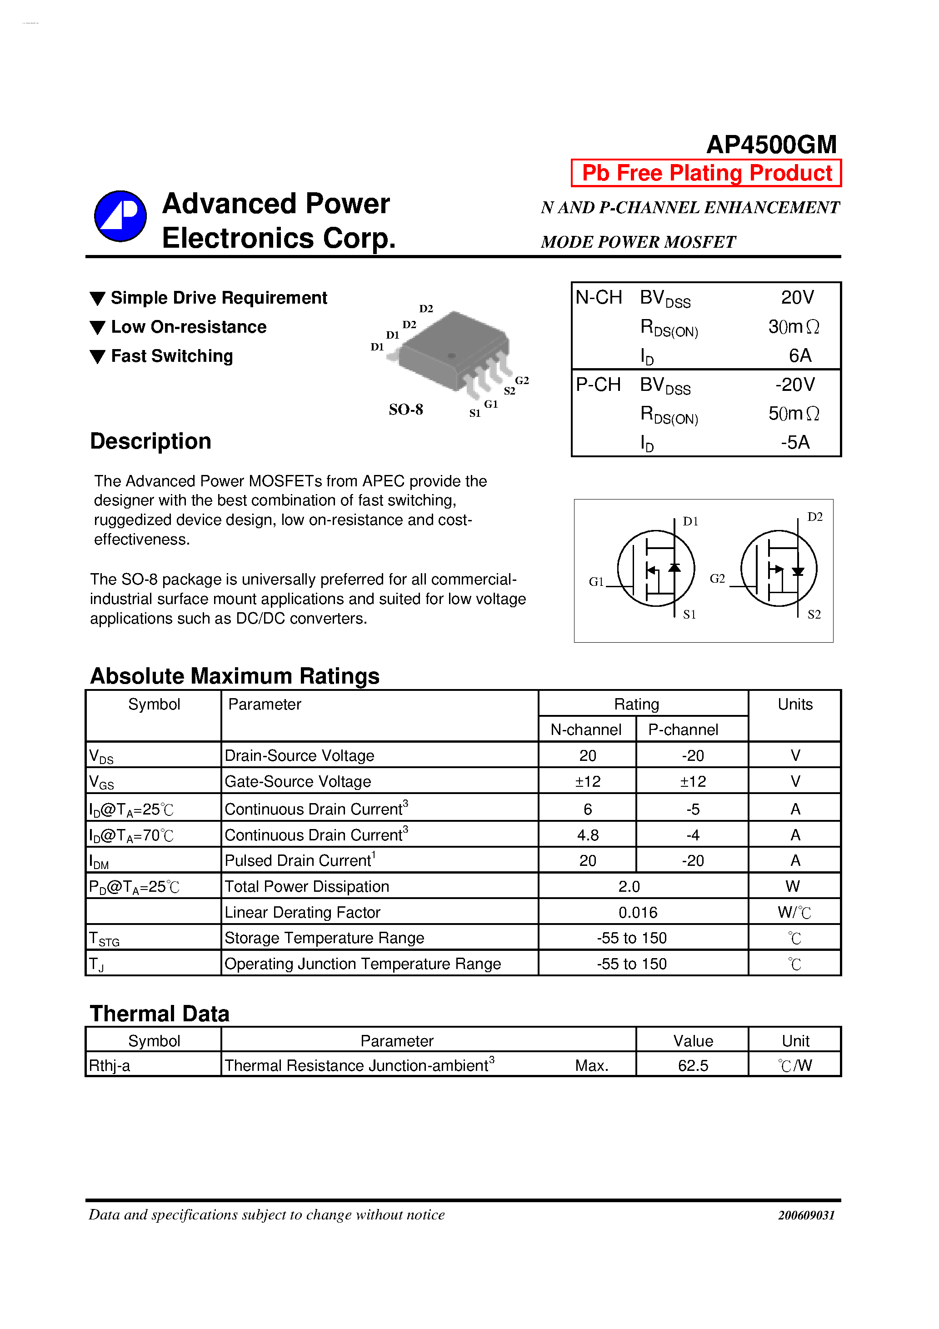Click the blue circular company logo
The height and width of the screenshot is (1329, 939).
(120, 216)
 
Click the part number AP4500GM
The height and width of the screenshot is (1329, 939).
(771, 145)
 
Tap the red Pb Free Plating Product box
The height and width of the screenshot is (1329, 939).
(706, 173)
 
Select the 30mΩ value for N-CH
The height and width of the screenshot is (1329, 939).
(794, 327)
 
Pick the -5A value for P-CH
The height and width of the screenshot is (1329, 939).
(795, 443)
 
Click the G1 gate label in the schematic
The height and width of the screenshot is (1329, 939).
(596, 581)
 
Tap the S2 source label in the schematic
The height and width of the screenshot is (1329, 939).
(814, 615)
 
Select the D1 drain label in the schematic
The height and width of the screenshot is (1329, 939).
(690, 521)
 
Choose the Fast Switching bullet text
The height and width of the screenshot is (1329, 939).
(172, 356)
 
